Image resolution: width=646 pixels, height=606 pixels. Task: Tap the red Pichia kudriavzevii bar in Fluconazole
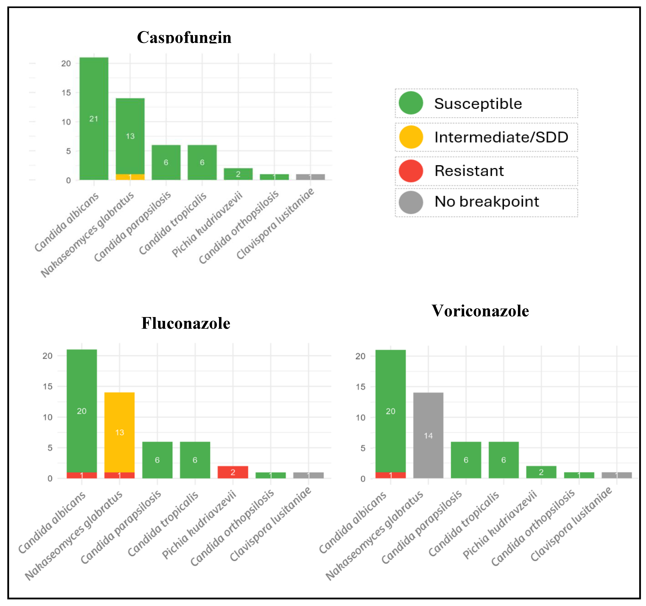pos(233,472)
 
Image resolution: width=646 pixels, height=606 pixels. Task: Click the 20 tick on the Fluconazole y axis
pos(47,356)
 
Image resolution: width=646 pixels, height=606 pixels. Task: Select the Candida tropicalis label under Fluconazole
pos(163,524)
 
